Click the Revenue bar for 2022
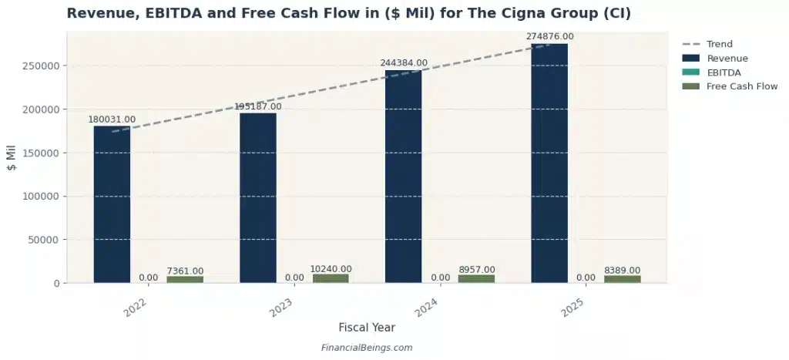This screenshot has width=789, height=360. [x=112, y=204]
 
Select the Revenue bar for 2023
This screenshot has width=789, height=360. [x=257, y=198]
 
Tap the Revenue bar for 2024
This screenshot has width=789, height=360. [x=403, y=177]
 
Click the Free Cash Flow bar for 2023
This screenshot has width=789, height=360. [x=331, y=278]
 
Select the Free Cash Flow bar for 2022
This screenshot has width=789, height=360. [x=185, y=279]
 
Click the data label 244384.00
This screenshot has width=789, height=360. [x=404, y=63]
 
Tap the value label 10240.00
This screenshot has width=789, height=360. [x=331, y=268]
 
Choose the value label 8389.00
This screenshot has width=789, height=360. [x=622, y=270]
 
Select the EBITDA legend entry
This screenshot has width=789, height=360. [x=724, y=72]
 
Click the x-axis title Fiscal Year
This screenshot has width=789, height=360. [x=367, y=328]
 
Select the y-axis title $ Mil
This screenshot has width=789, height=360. [x=12, y=157]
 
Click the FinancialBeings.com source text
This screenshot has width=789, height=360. [x=367, y=348]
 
